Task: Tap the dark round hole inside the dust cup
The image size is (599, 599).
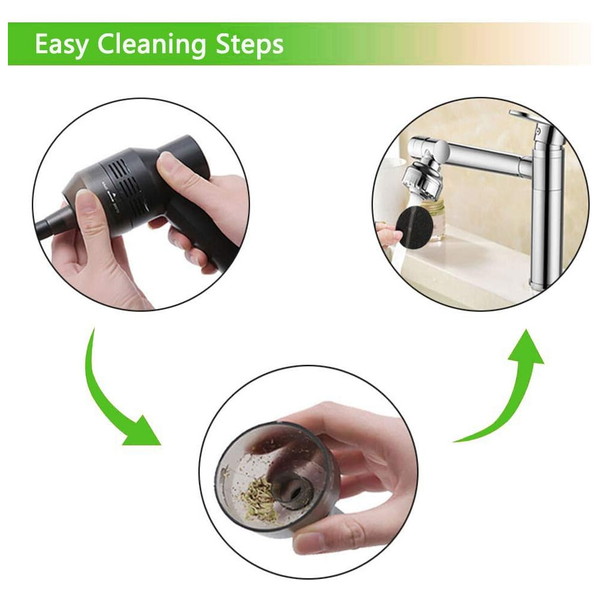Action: pyautogui.click(x=294, y=493)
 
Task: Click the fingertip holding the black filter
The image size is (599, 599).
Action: pyautogui.click(x=387, y=232)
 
